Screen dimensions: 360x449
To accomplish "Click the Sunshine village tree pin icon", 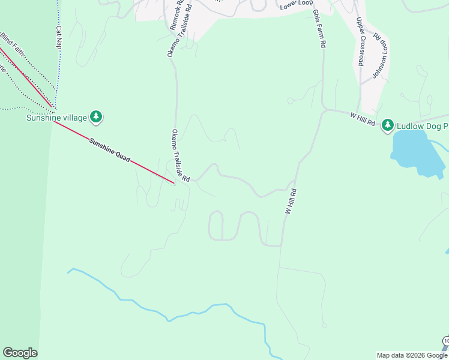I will click(x=95, y=116).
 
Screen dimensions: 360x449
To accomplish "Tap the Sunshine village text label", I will click(x=56, y=118).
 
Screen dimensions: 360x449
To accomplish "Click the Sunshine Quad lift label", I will click(x=110, y=152).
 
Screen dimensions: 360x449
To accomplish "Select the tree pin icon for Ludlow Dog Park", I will click(x=388, y=125).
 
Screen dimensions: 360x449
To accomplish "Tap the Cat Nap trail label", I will click(x=59, y=37).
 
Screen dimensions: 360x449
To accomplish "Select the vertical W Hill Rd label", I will click(x=291, y=202).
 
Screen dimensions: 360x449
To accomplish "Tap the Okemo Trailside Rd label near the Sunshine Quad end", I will click(x=181, y=155).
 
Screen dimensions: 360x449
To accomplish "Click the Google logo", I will click(x=20, y=353).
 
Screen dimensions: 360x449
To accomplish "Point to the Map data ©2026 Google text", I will click(x=412, y=355).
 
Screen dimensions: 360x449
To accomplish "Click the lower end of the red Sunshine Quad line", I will click(x=173, y=183).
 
